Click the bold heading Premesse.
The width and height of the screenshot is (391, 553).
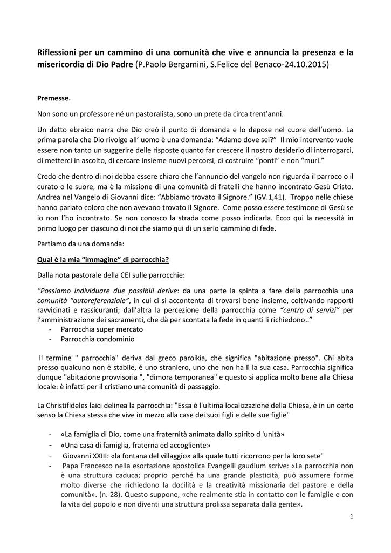point(54,98)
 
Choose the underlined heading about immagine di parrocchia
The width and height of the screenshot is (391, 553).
point(103,259)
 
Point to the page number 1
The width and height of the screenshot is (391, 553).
point(351,517)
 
